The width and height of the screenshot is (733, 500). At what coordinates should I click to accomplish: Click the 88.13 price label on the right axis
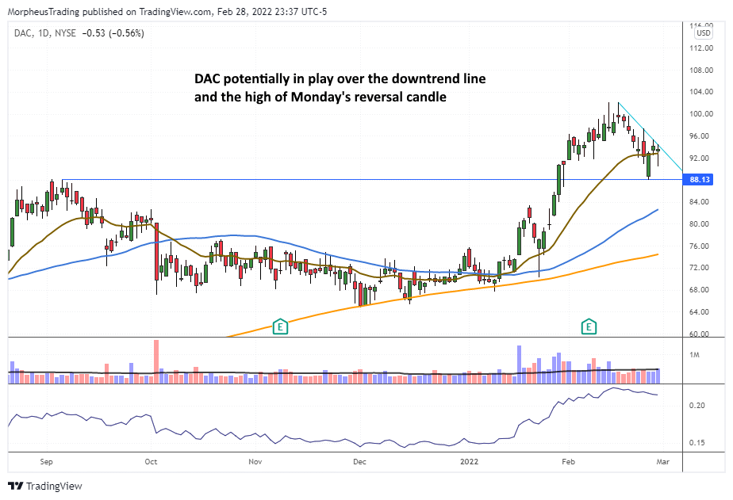[700, 180]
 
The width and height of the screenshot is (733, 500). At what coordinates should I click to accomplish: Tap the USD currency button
[703, 32]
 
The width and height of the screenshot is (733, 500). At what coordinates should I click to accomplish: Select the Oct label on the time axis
[151, 460]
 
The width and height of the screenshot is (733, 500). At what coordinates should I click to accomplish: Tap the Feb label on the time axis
[568, 460]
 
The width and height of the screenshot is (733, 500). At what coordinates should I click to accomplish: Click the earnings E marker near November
[279, 326]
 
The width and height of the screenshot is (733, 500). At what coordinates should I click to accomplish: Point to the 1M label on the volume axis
[695, 354]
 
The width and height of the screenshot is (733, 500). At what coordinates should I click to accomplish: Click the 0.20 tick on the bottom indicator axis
[698, 406]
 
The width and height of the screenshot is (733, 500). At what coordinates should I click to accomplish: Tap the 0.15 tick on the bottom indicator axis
[698, 442]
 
